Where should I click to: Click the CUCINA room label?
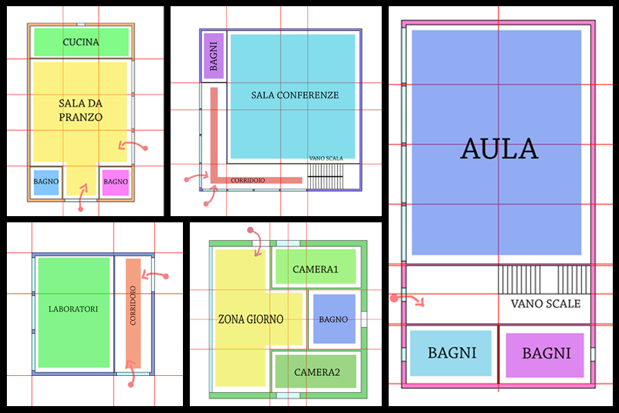pyautogui.click(x=80, y=43)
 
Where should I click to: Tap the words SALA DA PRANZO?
pyautogui.click(x=80, y=110)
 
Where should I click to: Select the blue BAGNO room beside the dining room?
pyautogui.click(x=46, y=182)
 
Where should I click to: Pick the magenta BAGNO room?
pyautogui.click(x=116, y=182)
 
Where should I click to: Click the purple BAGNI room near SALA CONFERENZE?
pyautogui.click(x=214, y=56)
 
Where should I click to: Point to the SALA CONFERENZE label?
pyautogui.click(x=294, y=95)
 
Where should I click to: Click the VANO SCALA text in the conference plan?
pyautogui.click(x=326, y=158)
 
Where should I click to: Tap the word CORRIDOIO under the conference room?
pyautogui.click(x=248, y=180)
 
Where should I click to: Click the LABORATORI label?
pyautogui.click(x=74, y=309)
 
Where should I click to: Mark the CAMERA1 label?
pyautogui.click(x=316, y=269)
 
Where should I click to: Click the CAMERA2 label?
pyautogui.click(x=317, y=372)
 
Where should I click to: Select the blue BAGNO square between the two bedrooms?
pyautogui.click(x=334, y=319)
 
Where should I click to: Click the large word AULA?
pyautogui.click(x=499, y=149)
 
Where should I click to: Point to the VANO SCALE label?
pyautogui.click(x=545, y=304)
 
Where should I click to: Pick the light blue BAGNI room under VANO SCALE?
pyautogui.click(x=452, y=353)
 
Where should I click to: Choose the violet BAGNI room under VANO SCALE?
pyautogui.click(x=546, y=353)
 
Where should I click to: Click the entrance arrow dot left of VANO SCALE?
pyautogui.click(x=394, y=298)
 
